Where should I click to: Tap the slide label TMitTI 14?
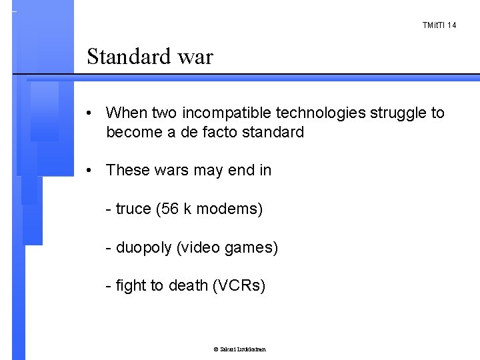(x=439, y=25)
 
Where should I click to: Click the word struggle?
(x=392, y=113)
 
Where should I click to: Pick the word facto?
(x=206, y=132)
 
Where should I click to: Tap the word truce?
(x=133, y=210)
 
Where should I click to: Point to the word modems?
(x=229, y=210)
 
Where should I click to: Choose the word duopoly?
(x=144, y=249)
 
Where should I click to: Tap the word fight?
(x=129, y=287)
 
